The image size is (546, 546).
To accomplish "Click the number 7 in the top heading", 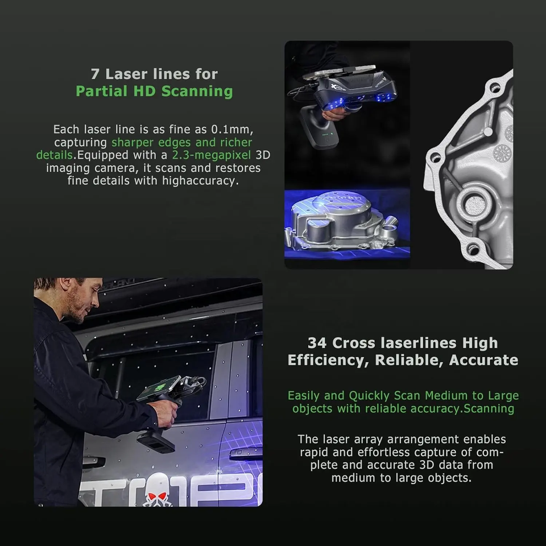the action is [95, 74].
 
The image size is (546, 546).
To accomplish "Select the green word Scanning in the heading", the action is [197, 91].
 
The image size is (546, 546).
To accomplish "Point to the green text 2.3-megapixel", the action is [212, 155].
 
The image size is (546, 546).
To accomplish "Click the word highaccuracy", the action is [200, 181].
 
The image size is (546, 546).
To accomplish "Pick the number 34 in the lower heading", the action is [317, 343].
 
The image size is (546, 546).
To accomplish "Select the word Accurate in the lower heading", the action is [483, 361].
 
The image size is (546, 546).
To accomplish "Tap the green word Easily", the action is [304, 396].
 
